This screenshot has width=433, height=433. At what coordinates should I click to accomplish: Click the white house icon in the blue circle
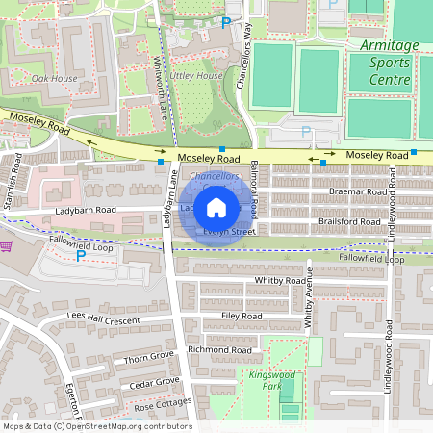[216, 207]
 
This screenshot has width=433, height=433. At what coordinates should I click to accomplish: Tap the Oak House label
[54, 78]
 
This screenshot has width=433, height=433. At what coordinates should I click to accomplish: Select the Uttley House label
[196, 75]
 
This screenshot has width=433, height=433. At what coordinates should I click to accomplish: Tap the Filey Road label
[241, 315]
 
